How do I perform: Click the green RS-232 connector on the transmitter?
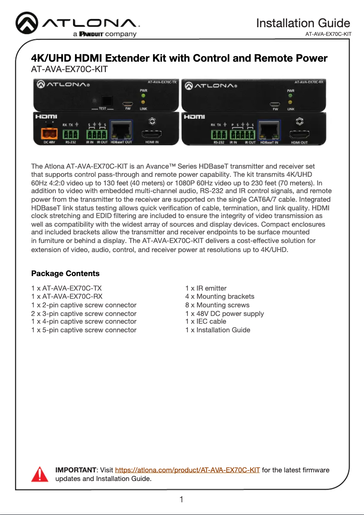tap(70, 135)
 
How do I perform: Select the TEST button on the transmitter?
tap(107, 100)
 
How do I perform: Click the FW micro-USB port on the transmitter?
tap(128, 102)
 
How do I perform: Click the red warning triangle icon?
tap(39, 474)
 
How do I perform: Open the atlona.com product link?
tap(187, 470)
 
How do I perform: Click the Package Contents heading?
tap(65, 273)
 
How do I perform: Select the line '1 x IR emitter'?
tap(206, 288)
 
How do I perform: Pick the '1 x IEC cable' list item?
tap(206, 321)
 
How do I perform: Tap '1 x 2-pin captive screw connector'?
tap(84, 305)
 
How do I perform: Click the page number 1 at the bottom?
tap(182, 500)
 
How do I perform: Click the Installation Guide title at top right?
tap(303, 23)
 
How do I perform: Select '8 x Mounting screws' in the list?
tap(217, 305)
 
